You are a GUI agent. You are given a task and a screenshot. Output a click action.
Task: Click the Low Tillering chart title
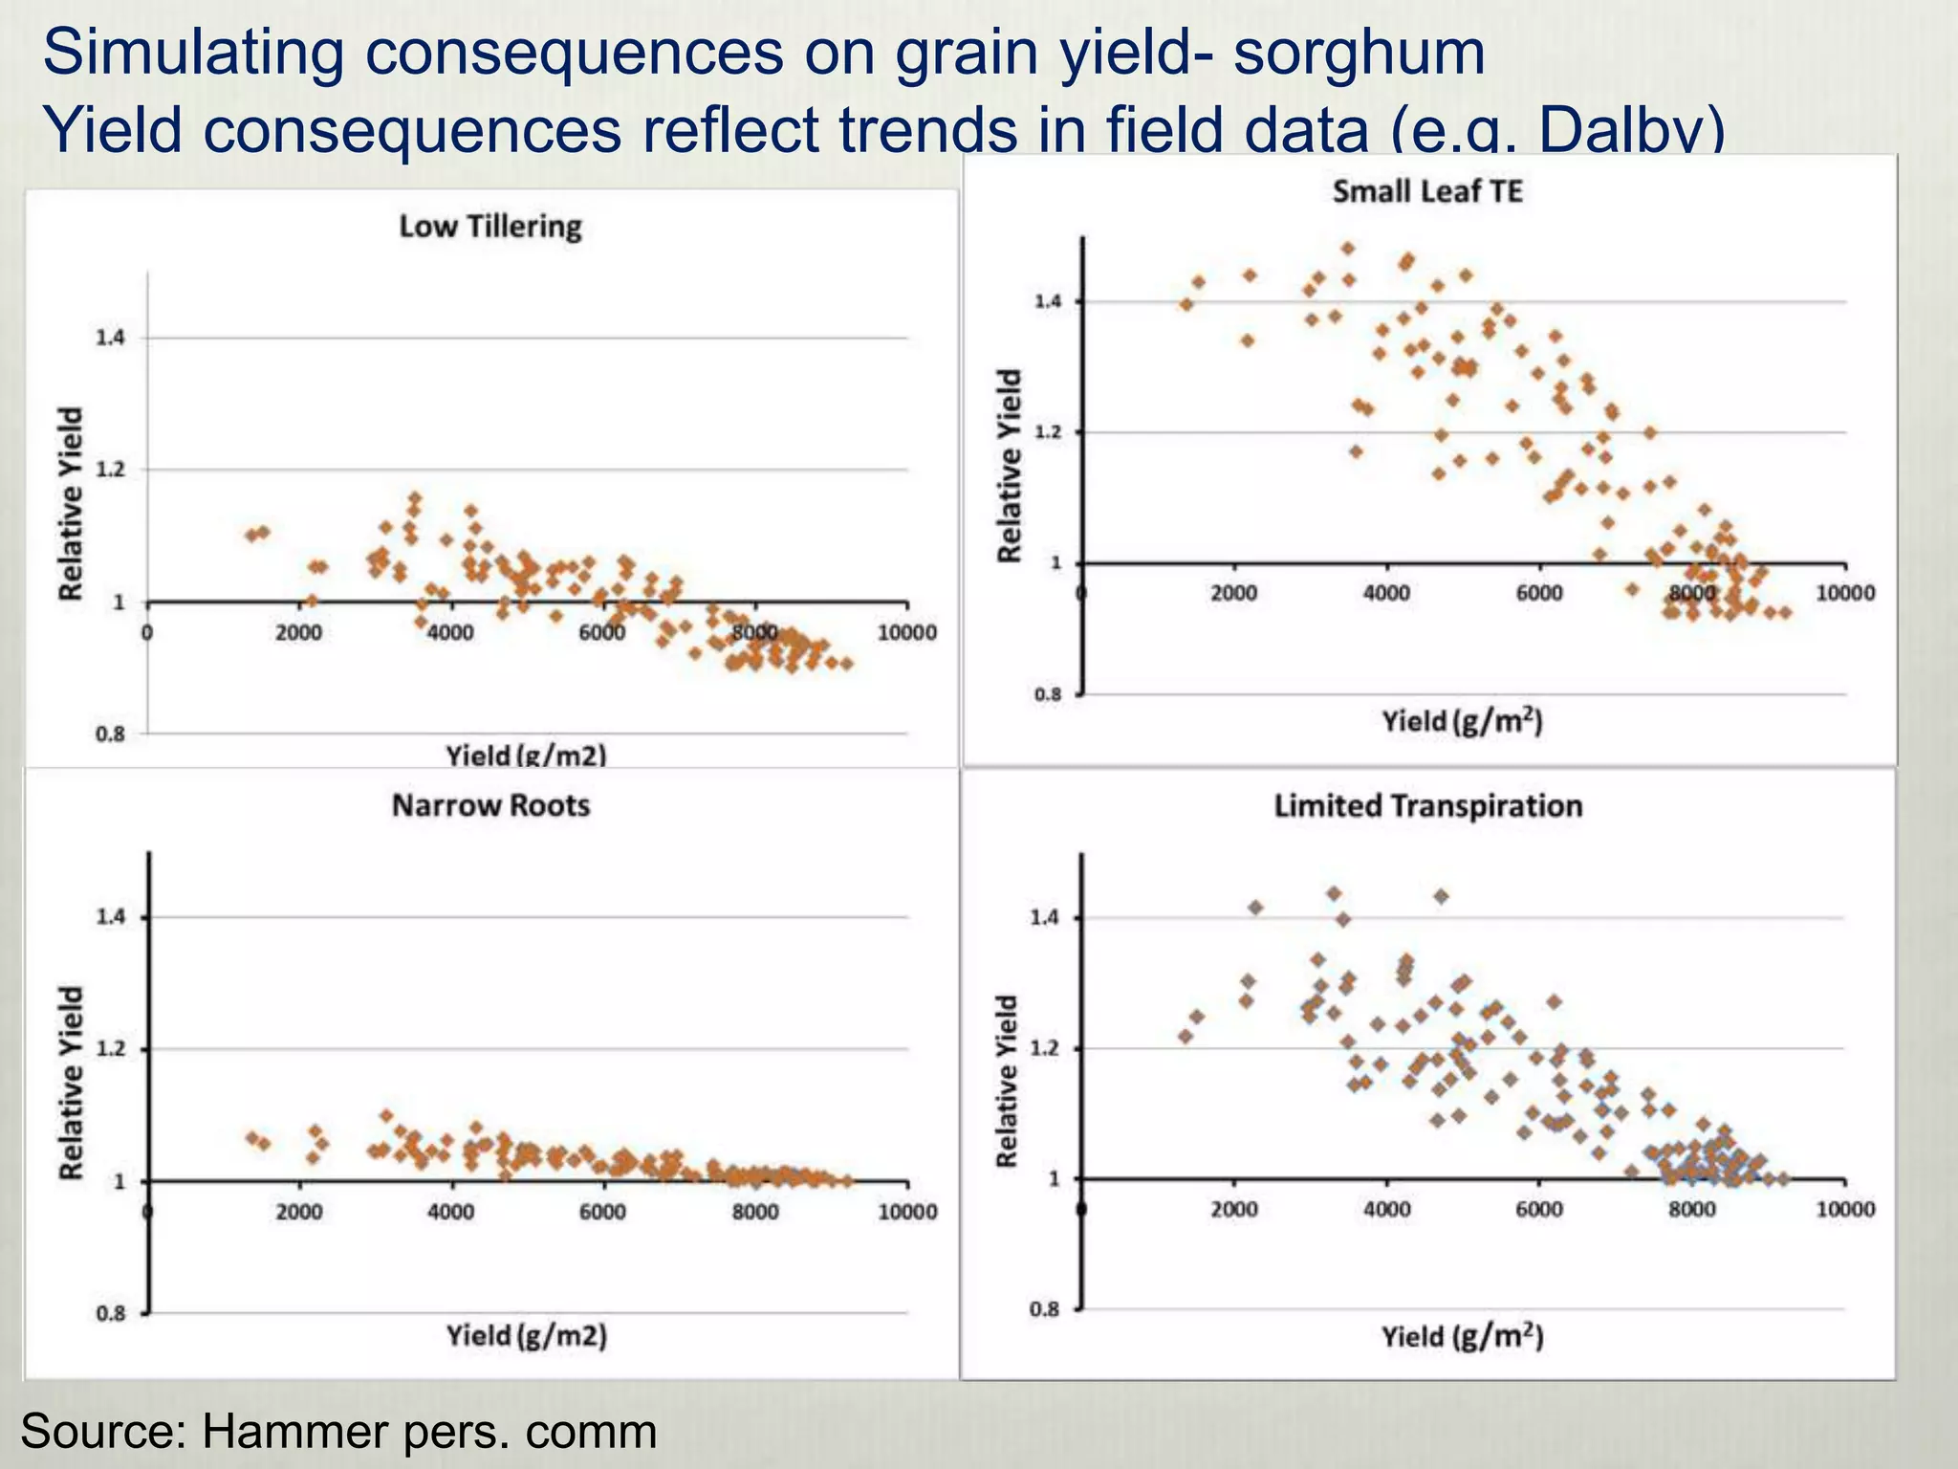[489, 228]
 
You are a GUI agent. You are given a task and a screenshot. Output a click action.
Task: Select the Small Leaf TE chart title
[1426, 192]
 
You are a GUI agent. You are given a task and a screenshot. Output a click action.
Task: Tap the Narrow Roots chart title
[490, 806]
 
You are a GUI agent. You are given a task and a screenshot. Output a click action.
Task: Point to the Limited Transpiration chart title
[1427, 806]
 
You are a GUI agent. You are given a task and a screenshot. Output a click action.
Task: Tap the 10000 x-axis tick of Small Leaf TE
[1845, 594]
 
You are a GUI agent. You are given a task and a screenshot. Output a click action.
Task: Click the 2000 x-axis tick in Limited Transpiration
[1233, 1210]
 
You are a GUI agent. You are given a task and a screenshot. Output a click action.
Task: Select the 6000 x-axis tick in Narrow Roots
[602, 1213]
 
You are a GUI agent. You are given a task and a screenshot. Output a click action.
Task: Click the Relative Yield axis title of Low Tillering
[71, 504]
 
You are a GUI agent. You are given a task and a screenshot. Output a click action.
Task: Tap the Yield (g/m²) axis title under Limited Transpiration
[1462, 1336]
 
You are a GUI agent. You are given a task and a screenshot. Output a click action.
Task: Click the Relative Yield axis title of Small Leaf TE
[1009, 466]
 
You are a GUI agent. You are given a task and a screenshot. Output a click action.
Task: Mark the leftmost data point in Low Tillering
[250, 535]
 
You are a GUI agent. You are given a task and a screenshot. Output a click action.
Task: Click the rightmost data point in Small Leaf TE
[1784, 612]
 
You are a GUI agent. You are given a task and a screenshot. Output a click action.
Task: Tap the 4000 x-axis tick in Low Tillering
[450, 633]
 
